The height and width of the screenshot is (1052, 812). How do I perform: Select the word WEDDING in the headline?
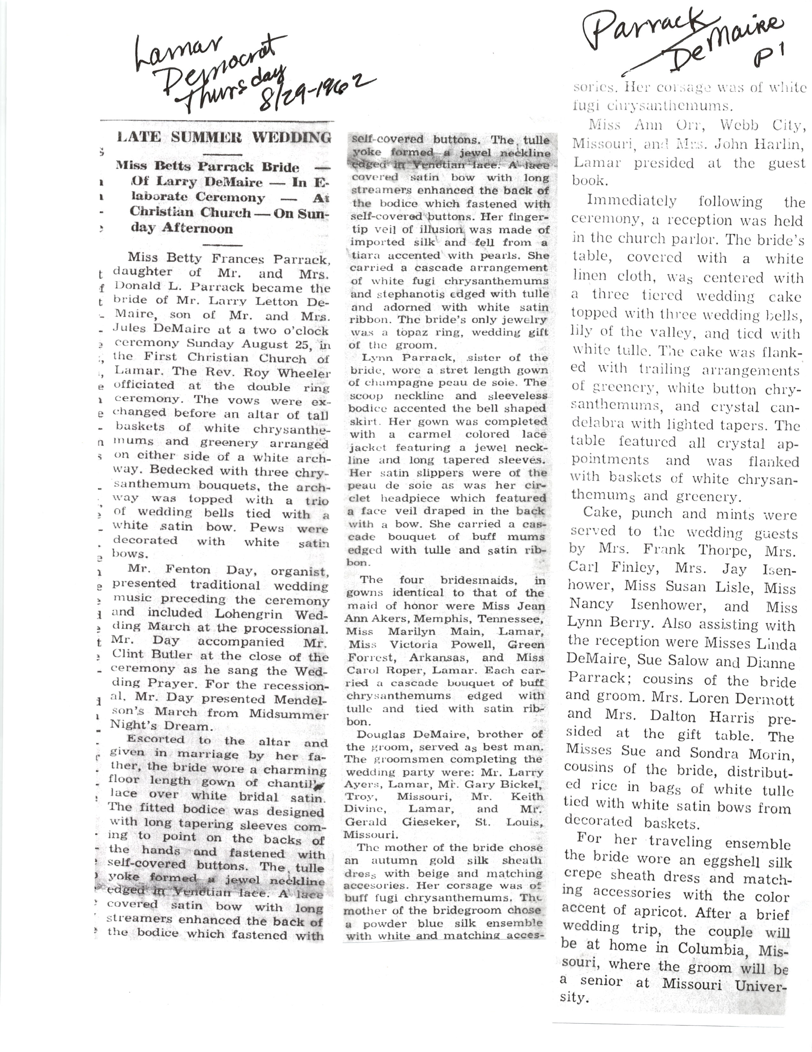[292, 137]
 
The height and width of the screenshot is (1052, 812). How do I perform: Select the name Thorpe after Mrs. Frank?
[710, 551]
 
